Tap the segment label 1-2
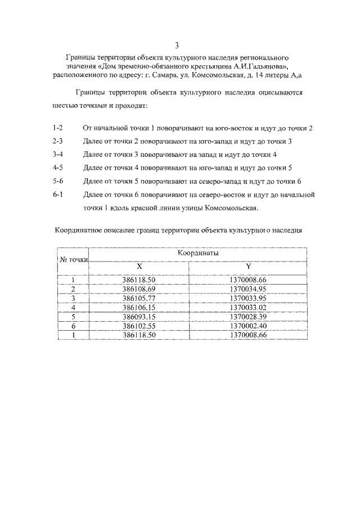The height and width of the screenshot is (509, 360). [57, 128]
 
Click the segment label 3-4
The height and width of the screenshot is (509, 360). [57, 155]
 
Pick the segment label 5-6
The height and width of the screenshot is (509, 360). [57, 181]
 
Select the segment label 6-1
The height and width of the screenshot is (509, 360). [57, 195]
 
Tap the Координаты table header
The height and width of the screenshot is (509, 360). [199, 254]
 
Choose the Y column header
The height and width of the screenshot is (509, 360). [248, 267]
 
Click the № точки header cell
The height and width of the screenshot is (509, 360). [74, 260]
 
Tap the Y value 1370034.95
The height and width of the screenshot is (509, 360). [248, 289]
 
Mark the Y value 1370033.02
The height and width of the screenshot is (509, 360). [248, 308]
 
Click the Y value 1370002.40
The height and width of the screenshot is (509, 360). [248, 326]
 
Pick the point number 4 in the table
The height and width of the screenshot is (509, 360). [74, 308]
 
